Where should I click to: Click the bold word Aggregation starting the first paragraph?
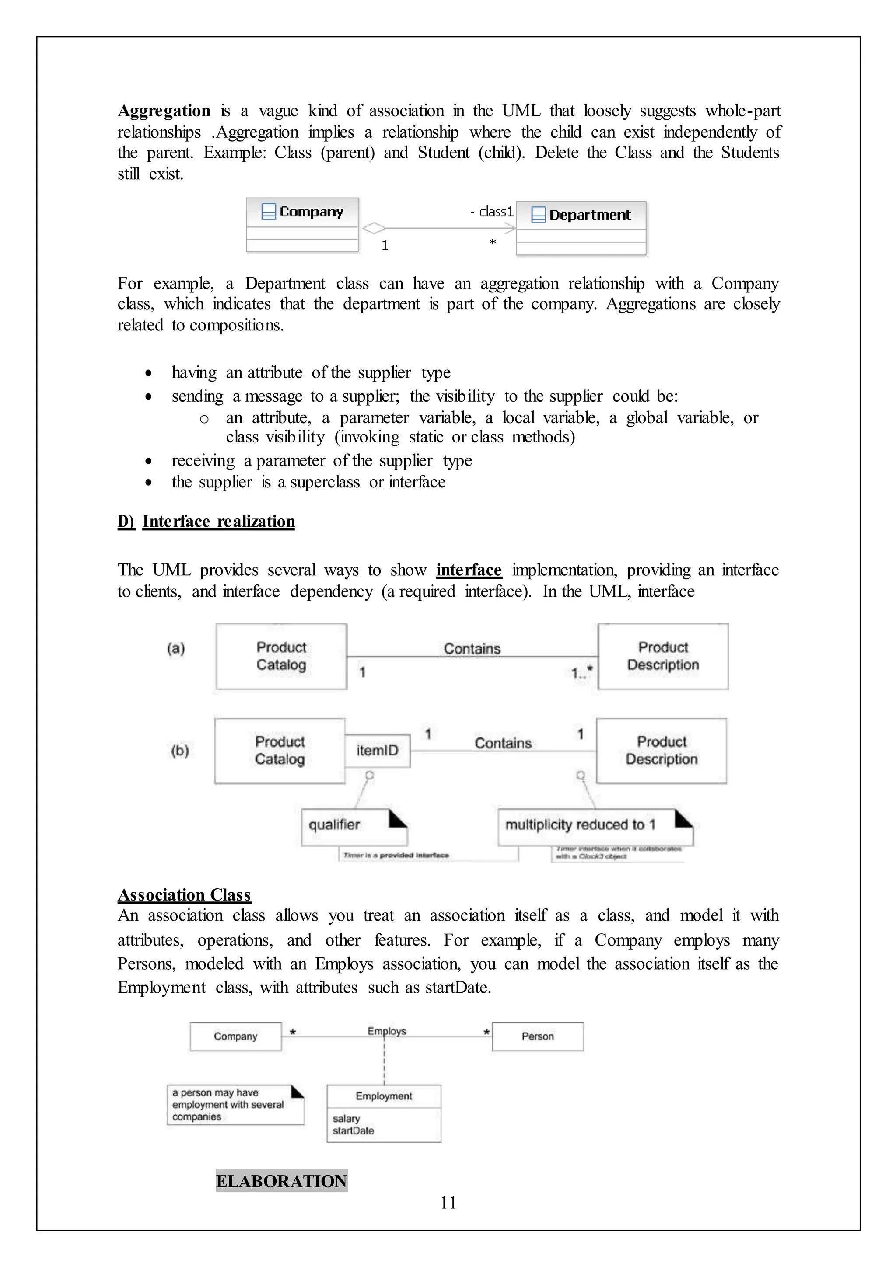coord(164,111)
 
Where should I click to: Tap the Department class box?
coord(581,228)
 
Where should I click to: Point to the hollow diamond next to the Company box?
coord(374,228)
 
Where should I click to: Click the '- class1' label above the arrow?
coord(492,212)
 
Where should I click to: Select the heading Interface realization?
coord(218,522)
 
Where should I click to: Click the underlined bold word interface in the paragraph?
coord(469,570)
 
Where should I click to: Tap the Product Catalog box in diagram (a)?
coord(281,656)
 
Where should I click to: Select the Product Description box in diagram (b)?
coord(661,751)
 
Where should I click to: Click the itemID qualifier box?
coord(378,751)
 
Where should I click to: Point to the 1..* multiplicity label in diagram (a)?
coord(581,673)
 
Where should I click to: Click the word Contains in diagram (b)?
coord(503,743)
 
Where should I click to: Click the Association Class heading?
coord(185,894)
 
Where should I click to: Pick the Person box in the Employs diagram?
coord(537,1036)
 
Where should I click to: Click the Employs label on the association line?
coord(386,1031)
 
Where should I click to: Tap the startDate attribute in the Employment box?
coord(353,1131)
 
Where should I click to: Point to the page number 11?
coord(448,1203)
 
